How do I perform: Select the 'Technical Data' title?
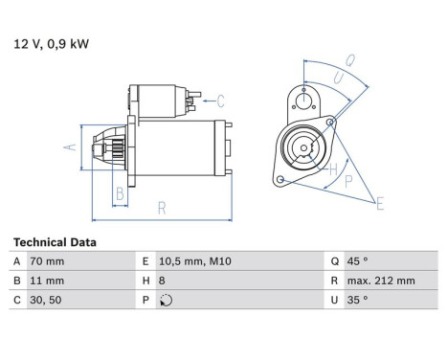pyautogui.click(x=54, y=242)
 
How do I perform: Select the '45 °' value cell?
pyautogui.click(x=356, y=261)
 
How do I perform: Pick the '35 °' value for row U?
pyautogui.click(x=356, y=300)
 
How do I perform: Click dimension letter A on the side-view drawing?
pyautogui.click(x=68, y=147)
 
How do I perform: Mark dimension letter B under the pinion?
pyautogui.click(x=120, y=194)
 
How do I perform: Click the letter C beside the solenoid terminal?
pyautogui.click(x=219, y=100)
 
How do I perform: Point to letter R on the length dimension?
pyautogui.click(x=162, y=207)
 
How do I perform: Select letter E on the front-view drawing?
pyautogui.click(x=380, y=202)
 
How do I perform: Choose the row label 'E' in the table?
pyautogui.click(x=145, y=261)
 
